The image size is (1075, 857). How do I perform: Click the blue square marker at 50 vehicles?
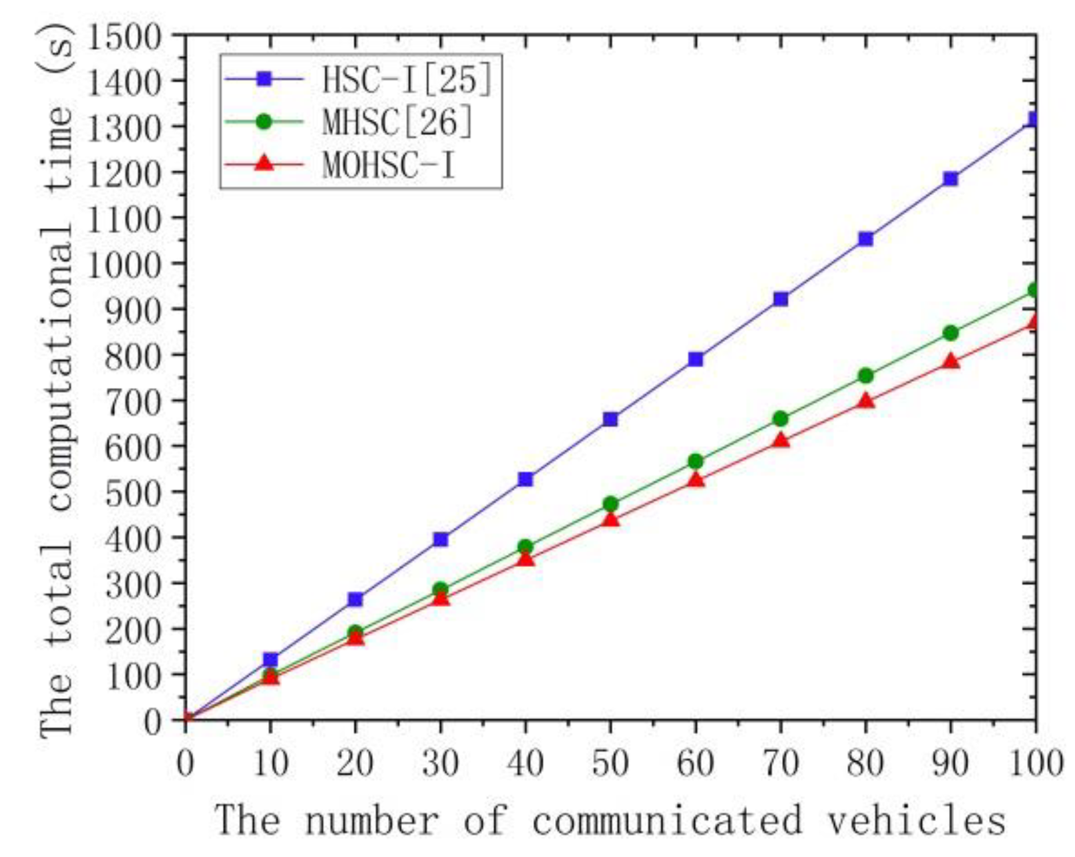(x=610, y=419)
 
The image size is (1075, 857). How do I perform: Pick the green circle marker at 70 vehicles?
(x=781, y=419)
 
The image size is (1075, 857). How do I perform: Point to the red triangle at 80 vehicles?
(x=865, y=401)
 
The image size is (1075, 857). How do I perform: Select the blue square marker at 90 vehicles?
(x=951, y=178)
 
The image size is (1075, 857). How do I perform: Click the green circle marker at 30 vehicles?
(x=441, y=590)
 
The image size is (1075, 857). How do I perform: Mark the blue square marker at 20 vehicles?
(x=355, y=600)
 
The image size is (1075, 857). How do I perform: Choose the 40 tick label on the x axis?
(x=525, y=763)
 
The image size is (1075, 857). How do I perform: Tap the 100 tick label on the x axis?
(x=1035, y=763)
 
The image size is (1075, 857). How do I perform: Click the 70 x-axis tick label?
(x=781, y=763)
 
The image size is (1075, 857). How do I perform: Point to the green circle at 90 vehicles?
(x=951, y=333)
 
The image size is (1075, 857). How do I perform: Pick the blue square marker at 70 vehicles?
(x=781, y=299)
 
